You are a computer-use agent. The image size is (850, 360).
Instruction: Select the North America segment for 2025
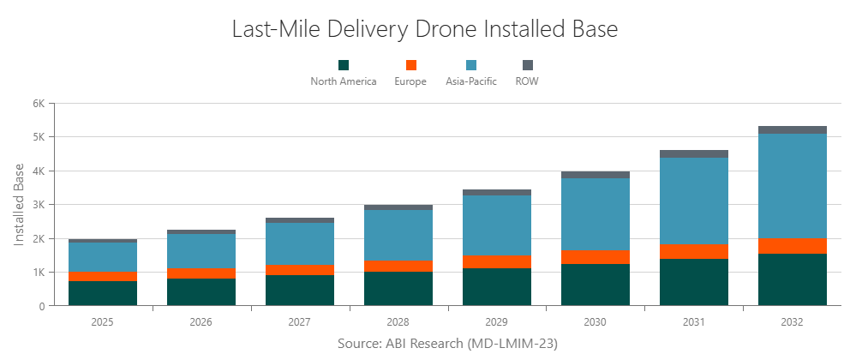tap(102, 293)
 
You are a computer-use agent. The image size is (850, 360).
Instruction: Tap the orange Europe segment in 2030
tap(595, 257)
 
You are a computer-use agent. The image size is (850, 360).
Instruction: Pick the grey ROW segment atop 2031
tap(693, 154)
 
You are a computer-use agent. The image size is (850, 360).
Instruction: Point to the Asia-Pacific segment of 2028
tap(398, 235)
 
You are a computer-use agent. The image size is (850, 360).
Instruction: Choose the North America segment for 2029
tap(496, 287)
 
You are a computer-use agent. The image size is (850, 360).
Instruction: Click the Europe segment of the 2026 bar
tap(201, 273)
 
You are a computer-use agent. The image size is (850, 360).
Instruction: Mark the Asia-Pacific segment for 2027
tap(299, 244)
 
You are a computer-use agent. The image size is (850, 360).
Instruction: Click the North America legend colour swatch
tap(344, 65)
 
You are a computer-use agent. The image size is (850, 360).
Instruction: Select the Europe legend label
tap(410, 82)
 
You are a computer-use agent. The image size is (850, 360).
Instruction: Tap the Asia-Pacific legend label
tap(471, 82)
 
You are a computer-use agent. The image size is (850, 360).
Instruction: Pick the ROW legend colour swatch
tap(527, 65)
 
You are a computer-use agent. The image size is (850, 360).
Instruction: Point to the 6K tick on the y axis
tap(38, 103)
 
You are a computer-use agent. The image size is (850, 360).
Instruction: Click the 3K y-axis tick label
tap(38, 205)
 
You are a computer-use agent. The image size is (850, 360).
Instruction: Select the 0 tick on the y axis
tap(41, 306)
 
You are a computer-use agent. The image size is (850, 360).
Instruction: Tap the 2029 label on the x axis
tap(496, 323)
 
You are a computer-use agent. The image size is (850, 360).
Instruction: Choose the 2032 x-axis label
tap(792, 323)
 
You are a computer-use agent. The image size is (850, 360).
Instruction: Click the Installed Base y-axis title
tap(19, 204)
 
